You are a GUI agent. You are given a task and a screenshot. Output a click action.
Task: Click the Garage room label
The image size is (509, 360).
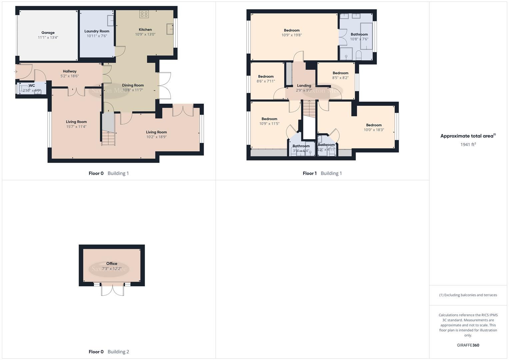pyautogui.click(x=48, y=33)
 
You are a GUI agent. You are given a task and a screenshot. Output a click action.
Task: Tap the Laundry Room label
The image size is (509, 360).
pyautogui.click(x=97, y=31)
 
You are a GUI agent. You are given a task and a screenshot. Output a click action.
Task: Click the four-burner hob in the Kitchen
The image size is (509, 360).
pyautogui.click(x=144, y=14)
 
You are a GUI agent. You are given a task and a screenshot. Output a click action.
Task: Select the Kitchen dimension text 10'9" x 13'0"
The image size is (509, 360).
pyautogui.click(x=145, y=34)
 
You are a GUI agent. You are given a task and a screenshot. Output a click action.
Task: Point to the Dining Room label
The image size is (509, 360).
pyautogui.click(x=133, y=85)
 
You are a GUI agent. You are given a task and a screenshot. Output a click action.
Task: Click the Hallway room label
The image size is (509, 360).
pyautogui.click(x=70, y=71)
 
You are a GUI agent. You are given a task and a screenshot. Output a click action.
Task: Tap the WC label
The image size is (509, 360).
pyautogui.click(x=32, y=86)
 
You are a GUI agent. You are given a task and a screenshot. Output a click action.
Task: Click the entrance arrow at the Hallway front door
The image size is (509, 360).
pyautogui.click(x=16, y=72)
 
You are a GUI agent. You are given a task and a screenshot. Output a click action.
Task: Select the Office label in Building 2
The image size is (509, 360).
pyautogui.click(x=112, y=264)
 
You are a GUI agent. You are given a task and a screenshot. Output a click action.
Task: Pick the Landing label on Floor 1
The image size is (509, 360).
pyautogui.click(x=304, y=86)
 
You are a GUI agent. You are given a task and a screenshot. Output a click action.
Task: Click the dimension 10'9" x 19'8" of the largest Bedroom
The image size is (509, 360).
pyautogui.click(x=292, y=35)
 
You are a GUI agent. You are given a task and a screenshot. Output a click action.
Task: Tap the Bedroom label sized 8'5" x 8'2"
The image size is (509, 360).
pyautogui.click(x=340, y=73)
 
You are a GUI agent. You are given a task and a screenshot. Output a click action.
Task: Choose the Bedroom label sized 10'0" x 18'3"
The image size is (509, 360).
pyautogui.click(x=374, y=125)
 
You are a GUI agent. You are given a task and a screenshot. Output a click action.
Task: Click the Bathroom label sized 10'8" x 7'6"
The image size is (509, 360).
pyautogui.click(x=359, y=34)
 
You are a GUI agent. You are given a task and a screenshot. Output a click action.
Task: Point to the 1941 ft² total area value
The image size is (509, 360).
pyautogui.click(x=468, y=144)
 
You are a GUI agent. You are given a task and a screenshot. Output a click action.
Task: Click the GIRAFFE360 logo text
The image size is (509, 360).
pyautogui.click(x=468, y=345)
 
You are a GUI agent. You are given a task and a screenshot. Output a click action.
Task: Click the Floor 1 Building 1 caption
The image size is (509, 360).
pyautogui.click(x=322, y=173)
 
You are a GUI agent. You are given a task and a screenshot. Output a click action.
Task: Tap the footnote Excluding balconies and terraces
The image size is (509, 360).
pyautogui.click(x=468, y=295)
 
